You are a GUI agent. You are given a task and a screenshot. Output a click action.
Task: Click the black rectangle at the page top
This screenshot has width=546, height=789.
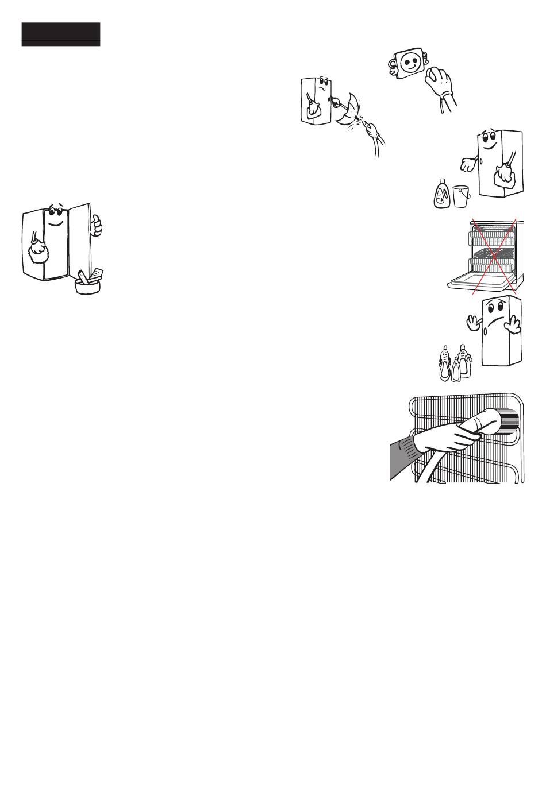pos(61,34)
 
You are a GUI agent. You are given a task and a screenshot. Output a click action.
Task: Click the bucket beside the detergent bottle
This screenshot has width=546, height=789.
pos(461,196)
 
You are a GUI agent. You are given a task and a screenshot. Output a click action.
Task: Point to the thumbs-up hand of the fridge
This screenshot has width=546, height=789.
pos(97,225)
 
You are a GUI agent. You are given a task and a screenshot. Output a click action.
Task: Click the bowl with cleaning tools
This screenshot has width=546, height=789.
pos(88,284)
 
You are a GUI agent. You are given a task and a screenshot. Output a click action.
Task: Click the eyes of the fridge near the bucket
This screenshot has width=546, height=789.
pos(487,136)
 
